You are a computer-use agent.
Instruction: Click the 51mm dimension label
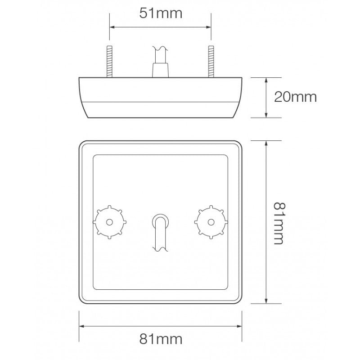[161, 13]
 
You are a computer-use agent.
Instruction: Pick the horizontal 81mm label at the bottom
[161, 339]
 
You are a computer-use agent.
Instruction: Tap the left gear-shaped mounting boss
[110, 221]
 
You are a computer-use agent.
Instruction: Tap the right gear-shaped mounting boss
[210, 221]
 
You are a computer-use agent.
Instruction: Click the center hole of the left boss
[110, 221]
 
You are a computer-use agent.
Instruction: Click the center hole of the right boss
[210, 221]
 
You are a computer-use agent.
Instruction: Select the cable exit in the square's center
[160, 229]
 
